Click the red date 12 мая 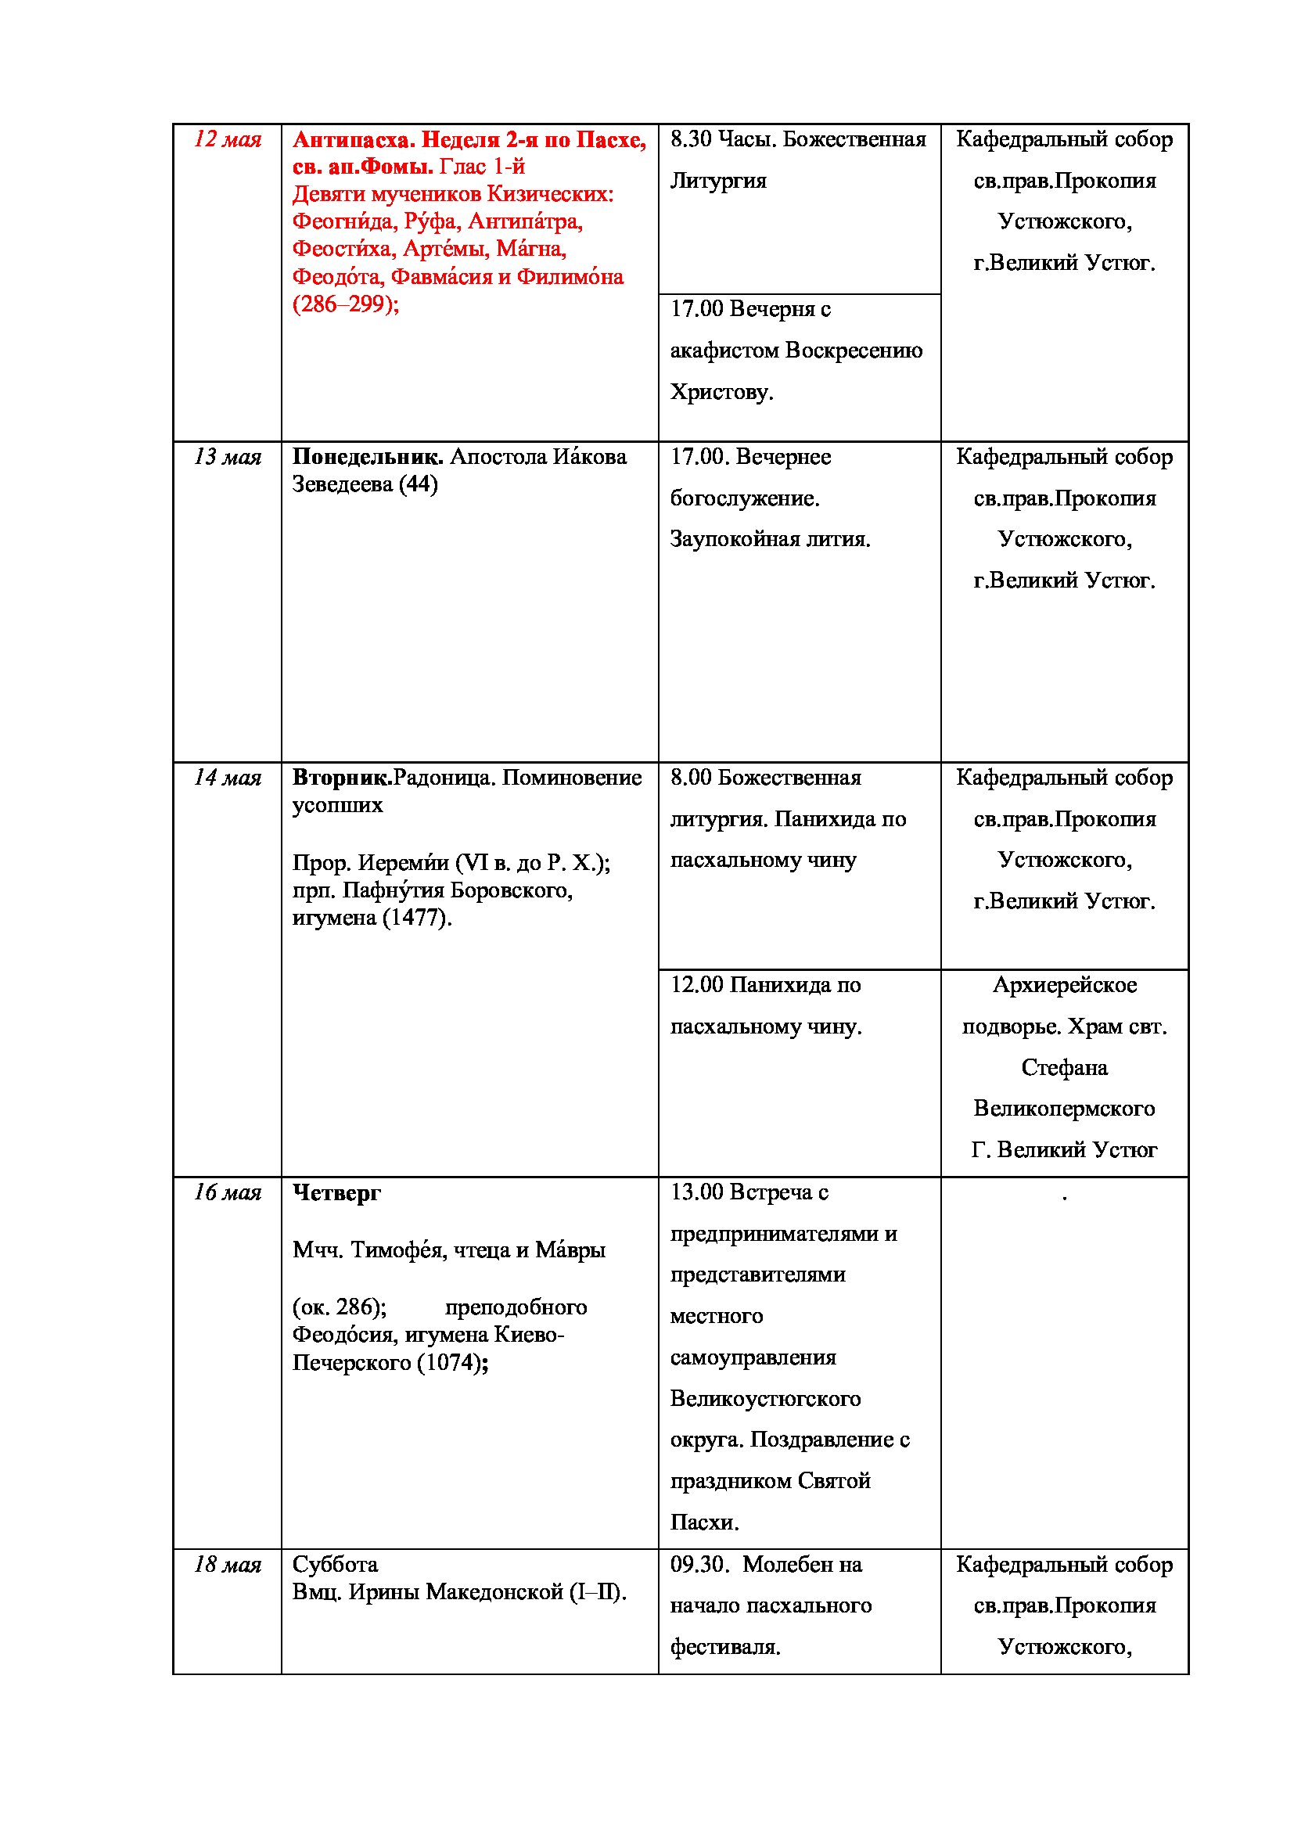point(227,139)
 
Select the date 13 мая point(227,457)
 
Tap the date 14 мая point(227,777)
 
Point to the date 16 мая point(227,1192)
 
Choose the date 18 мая point(227,1565)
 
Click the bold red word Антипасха point(353,139)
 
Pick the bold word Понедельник point(368,457)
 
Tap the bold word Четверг point(336,1192)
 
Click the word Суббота point(335,1565)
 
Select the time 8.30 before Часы point(690,139)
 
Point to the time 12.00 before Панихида point(696,985)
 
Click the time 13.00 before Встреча point(696,1192)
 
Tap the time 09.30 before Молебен point(699,1565)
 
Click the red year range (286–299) point(345,304)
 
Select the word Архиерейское point(1065,985)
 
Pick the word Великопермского point(1065,1109)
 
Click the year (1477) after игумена point(417,918)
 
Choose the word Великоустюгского point(765,1399)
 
